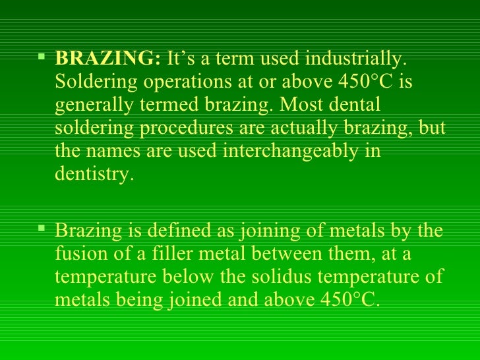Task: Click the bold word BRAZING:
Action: pos(107,59)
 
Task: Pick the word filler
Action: pos(180,254)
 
